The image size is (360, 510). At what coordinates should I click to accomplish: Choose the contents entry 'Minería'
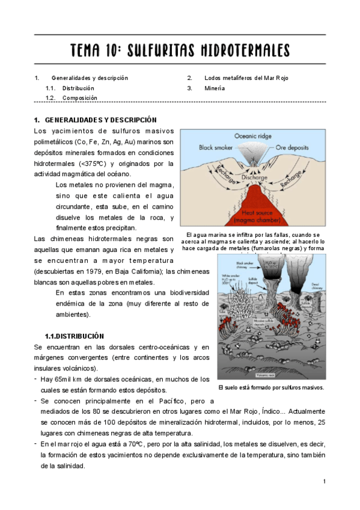point(215,88)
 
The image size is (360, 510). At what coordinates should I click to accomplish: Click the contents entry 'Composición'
point(80,97)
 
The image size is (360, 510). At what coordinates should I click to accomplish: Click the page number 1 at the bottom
point(324,482)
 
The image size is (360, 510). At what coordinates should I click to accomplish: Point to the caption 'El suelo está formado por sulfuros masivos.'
point(271,387)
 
